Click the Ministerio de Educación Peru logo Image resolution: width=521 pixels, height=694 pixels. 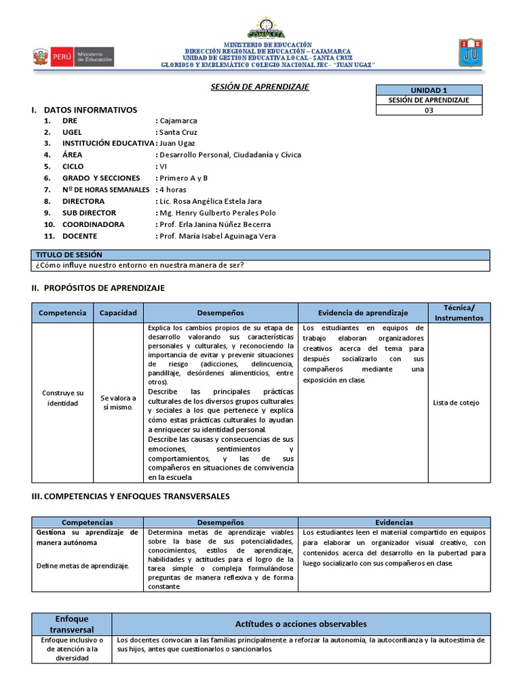coord(73,56)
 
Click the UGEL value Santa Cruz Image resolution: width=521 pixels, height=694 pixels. coord(178,131)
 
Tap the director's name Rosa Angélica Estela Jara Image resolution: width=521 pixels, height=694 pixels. coord(210,201)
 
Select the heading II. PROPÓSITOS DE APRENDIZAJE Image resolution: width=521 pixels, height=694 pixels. coord(98,288)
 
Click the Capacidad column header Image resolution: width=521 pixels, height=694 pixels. coord(118,312)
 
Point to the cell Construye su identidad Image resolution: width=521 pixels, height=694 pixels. coord(62,398)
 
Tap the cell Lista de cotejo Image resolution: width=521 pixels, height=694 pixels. coord(456,403)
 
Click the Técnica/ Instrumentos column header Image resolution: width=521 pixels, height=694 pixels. coord(455,312)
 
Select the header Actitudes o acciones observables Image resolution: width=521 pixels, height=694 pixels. coord(301,623)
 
